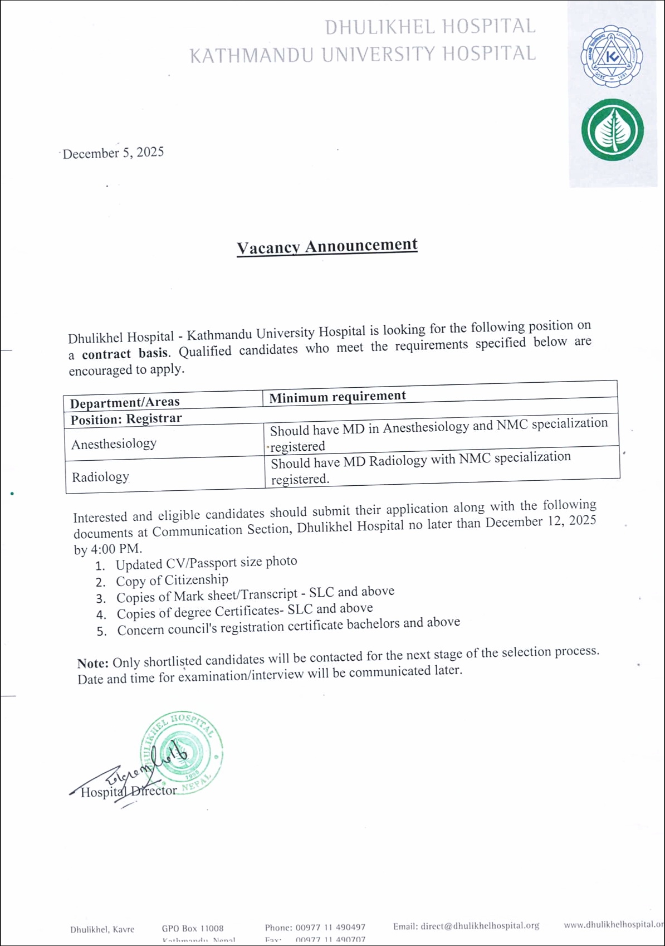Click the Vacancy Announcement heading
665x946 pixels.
pos(327,246)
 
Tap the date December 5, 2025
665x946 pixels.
pos(113,153)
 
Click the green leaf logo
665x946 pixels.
pos(612,130)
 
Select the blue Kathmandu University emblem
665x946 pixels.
pos(612,56)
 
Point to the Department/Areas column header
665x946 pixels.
pos(125,402)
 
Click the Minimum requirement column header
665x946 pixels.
pos(337,397)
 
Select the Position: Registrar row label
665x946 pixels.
pos(126,419)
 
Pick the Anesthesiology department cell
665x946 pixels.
pos(114,444)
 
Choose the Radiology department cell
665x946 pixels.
pos(100,477)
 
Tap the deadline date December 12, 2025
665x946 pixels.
pos(540,522)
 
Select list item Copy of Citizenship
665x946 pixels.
pos(172,581)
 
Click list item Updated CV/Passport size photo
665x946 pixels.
pos(206,563)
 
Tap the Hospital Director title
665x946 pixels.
pos(129,791)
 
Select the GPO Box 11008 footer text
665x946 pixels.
pos(193,928)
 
